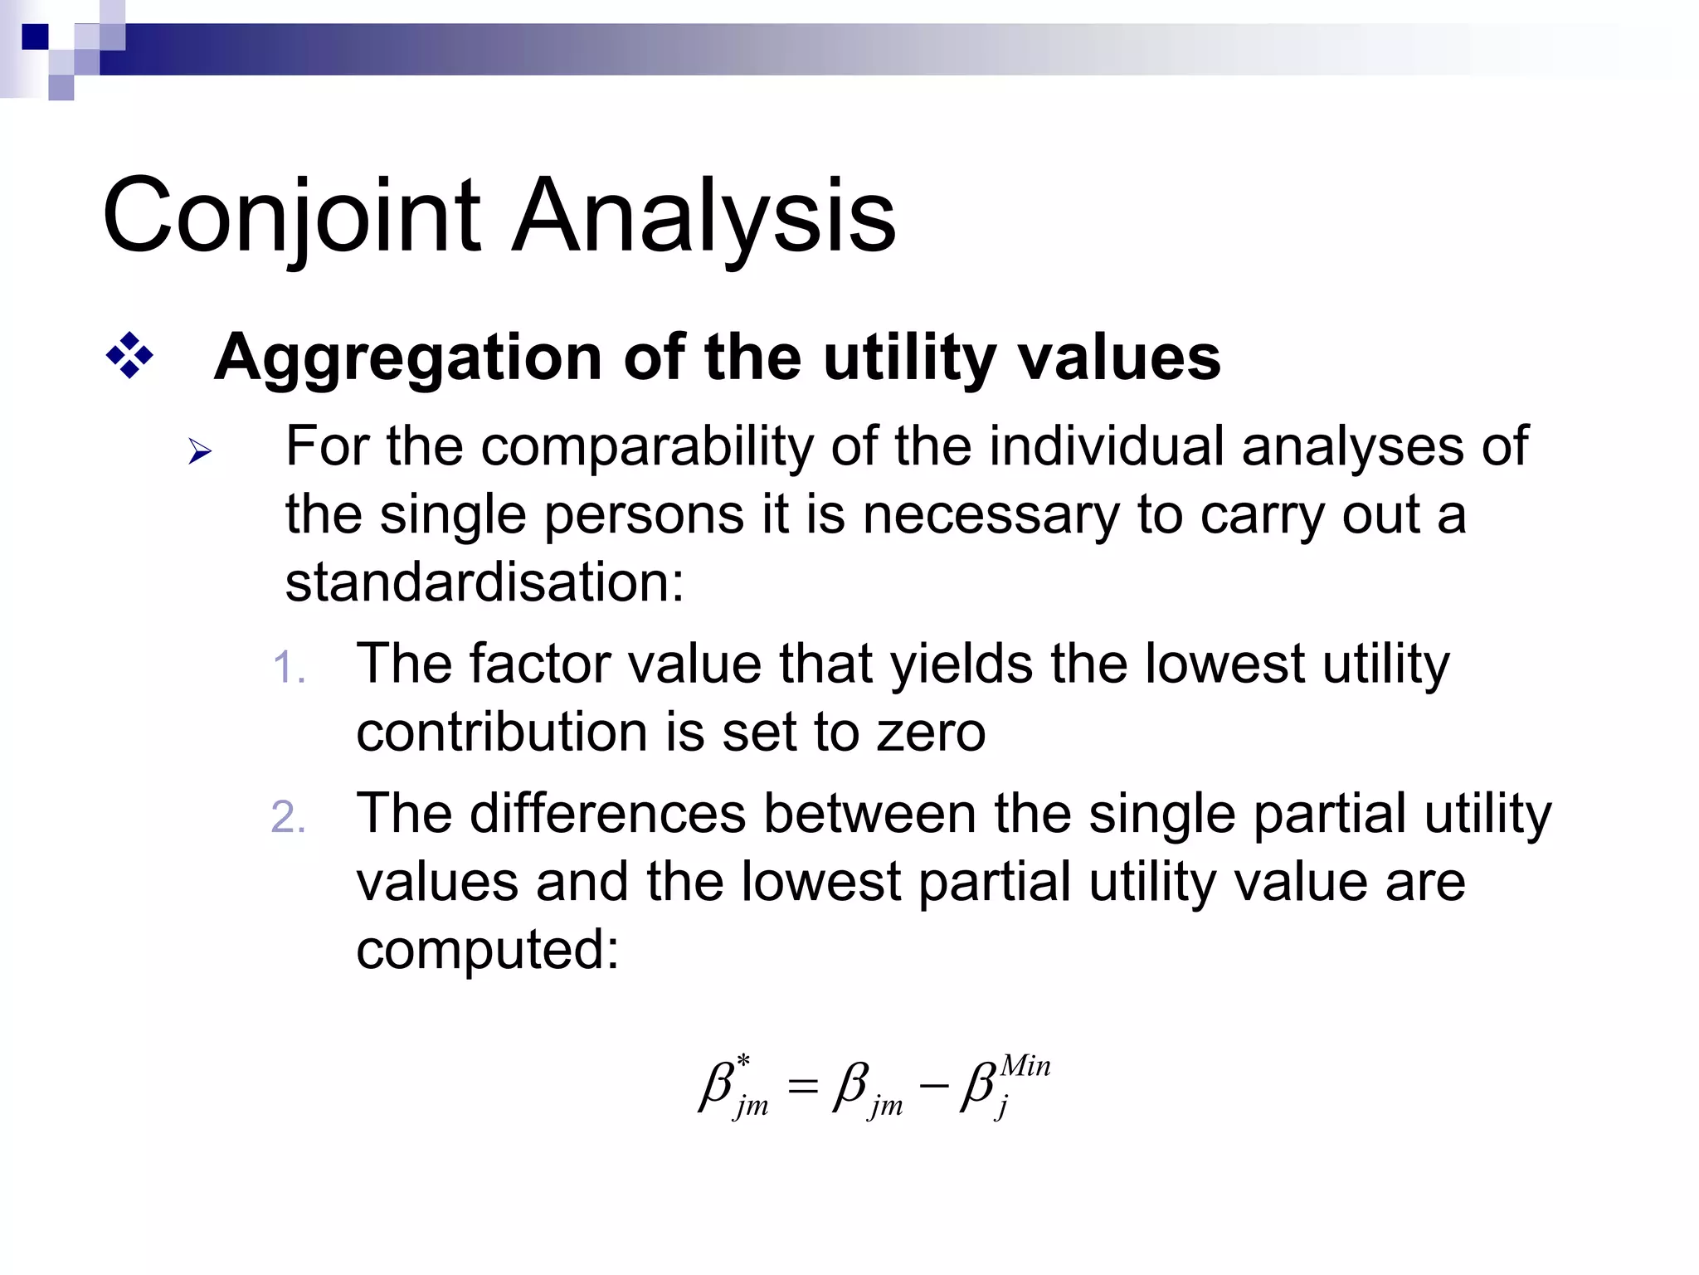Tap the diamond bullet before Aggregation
pos(129,357)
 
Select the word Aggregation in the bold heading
pos(407,358)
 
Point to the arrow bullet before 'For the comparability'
pos(200,452)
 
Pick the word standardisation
pos(484,582)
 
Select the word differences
pos(608,814)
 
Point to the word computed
pos(487,950)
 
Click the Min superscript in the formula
pos(1025,1066)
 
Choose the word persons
pos(645,516)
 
